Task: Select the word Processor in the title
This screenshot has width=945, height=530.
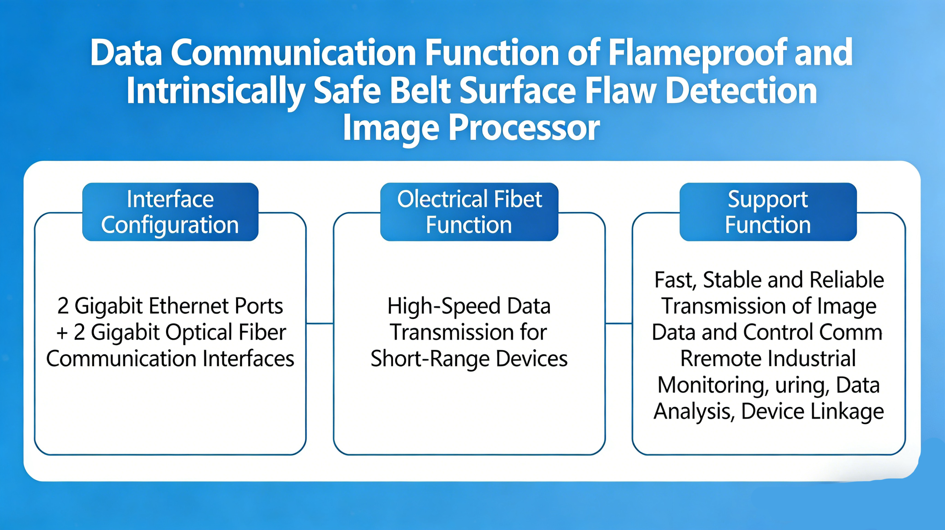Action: (x=524, y=128)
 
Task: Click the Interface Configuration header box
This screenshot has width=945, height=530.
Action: (x=170, y=212)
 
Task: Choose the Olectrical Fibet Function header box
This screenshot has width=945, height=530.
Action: (x=469, y=212)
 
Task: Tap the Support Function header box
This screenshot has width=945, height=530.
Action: (x=768, y=212)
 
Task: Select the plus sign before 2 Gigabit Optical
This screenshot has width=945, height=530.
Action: (x=62, y=333)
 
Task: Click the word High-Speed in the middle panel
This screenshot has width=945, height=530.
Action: (x=444, y=306)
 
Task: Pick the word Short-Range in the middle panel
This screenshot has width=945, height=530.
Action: (x=430, y=359)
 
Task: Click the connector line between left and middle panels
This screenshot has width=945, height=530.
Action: (x=320, y=323)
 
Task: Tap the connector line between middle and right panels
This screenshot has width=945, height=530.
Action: (x=619, y=323)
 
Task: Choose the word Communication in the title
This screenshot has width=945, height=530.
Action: (x=293, y=53)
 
